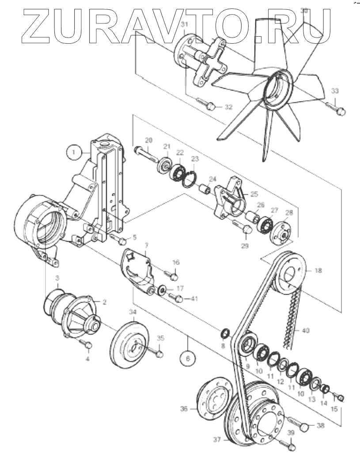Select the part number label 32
click(228, 107)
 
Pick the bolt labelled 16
click(172, 276)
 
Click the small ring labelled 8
click(224, 332)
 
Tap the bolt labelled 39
click(291, 447)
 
